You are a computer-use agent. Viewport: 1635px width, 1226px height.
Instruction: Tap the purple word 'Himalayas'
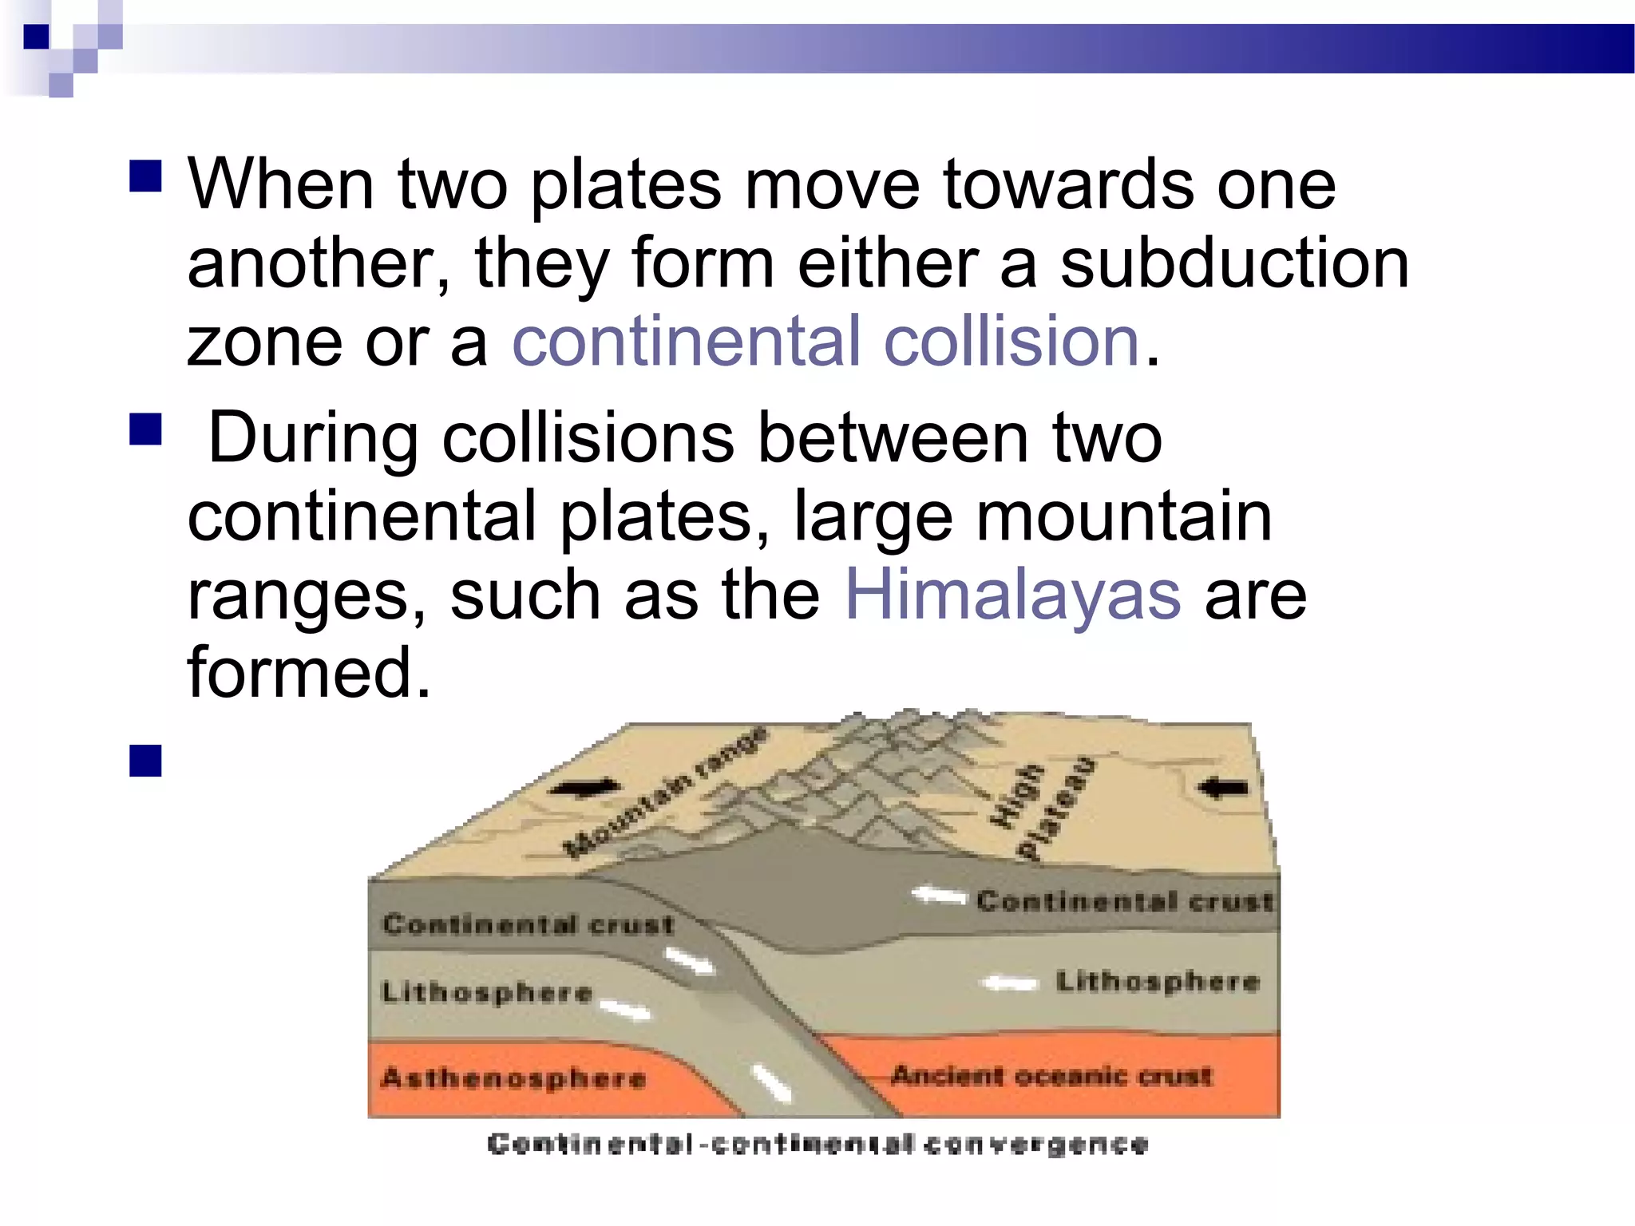click(1012, 595)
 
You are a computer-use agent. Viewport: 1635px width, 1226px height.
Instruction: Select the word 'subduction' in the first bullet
click(1234, 263)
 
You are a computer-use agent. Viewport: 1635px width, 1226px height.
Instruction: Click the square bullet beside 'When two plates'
click(145, 176)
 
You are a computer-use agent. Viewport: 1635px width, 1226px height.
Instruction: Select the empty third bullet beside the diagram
click(145, 761)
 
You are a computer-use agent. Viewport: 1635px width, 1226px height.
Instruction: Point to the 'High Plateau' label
click(1040, 808)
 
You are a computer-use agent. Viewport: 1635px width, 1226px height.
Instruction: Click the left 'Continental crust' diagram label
click(528, 924)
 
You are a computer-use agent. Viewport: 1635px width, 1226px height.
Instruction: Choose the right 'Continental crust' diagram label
click(1124, 901)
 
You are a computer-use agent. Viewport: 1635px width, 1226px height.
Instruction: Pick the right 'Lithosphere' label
click(1158, 981)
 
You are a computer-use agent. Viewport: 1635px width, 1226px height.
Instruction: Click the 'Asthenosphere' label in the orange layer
click(513, 1078)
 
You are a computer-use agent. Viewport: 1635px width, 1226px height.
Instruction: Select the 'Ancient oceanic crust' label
click(1051, 1076)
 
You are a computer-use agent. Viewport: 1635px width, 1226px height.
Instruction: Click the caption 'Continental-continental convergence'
click(817, 1145)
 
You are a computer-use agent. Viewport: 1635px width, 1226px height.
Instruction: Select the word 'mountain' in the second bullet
click(1124, 517)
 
